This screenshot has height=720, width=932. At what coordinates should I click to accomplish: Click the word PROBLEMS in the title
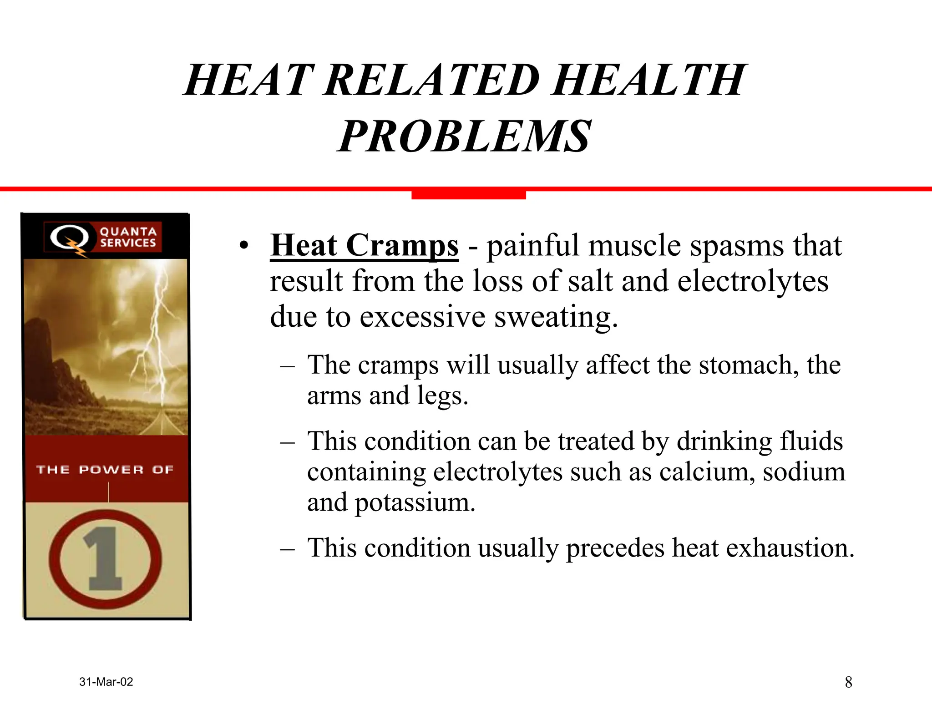pyautogui.click(x=464, y=136)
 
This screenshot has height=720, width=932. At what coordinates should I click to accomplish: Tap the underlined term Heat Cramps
pyautogui.click(x=364, y=246)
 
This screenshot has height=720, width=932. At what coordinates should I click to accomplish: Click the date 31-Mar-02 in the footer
pyautogui.click(x=106, y=682)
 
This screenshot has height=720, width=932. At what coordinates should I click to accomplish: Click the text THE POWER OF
pyautogui.click(x=105, y=470)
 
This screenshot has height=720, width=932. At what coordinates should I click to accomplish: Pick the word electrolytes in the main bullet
pyautogui.click(x=753, y=281)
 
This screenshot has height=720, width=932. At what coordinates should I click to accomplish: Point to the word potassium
pyautogui.click(x=415, y=502)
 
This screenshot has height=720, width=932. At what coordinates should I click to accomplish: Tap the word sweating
pyautogui.click(x=556, y=317)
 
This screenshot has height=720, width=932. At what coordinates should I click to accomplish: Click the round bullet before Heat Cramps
pyautogui.click(x=244, y=246)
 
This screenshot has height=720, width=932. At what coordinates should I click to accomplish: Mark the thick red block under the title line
pyautogui.click(x=468, y=195)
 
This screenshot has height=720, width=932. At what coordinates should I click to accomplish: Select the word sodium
pyautogui.click(x=804, y=472)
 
